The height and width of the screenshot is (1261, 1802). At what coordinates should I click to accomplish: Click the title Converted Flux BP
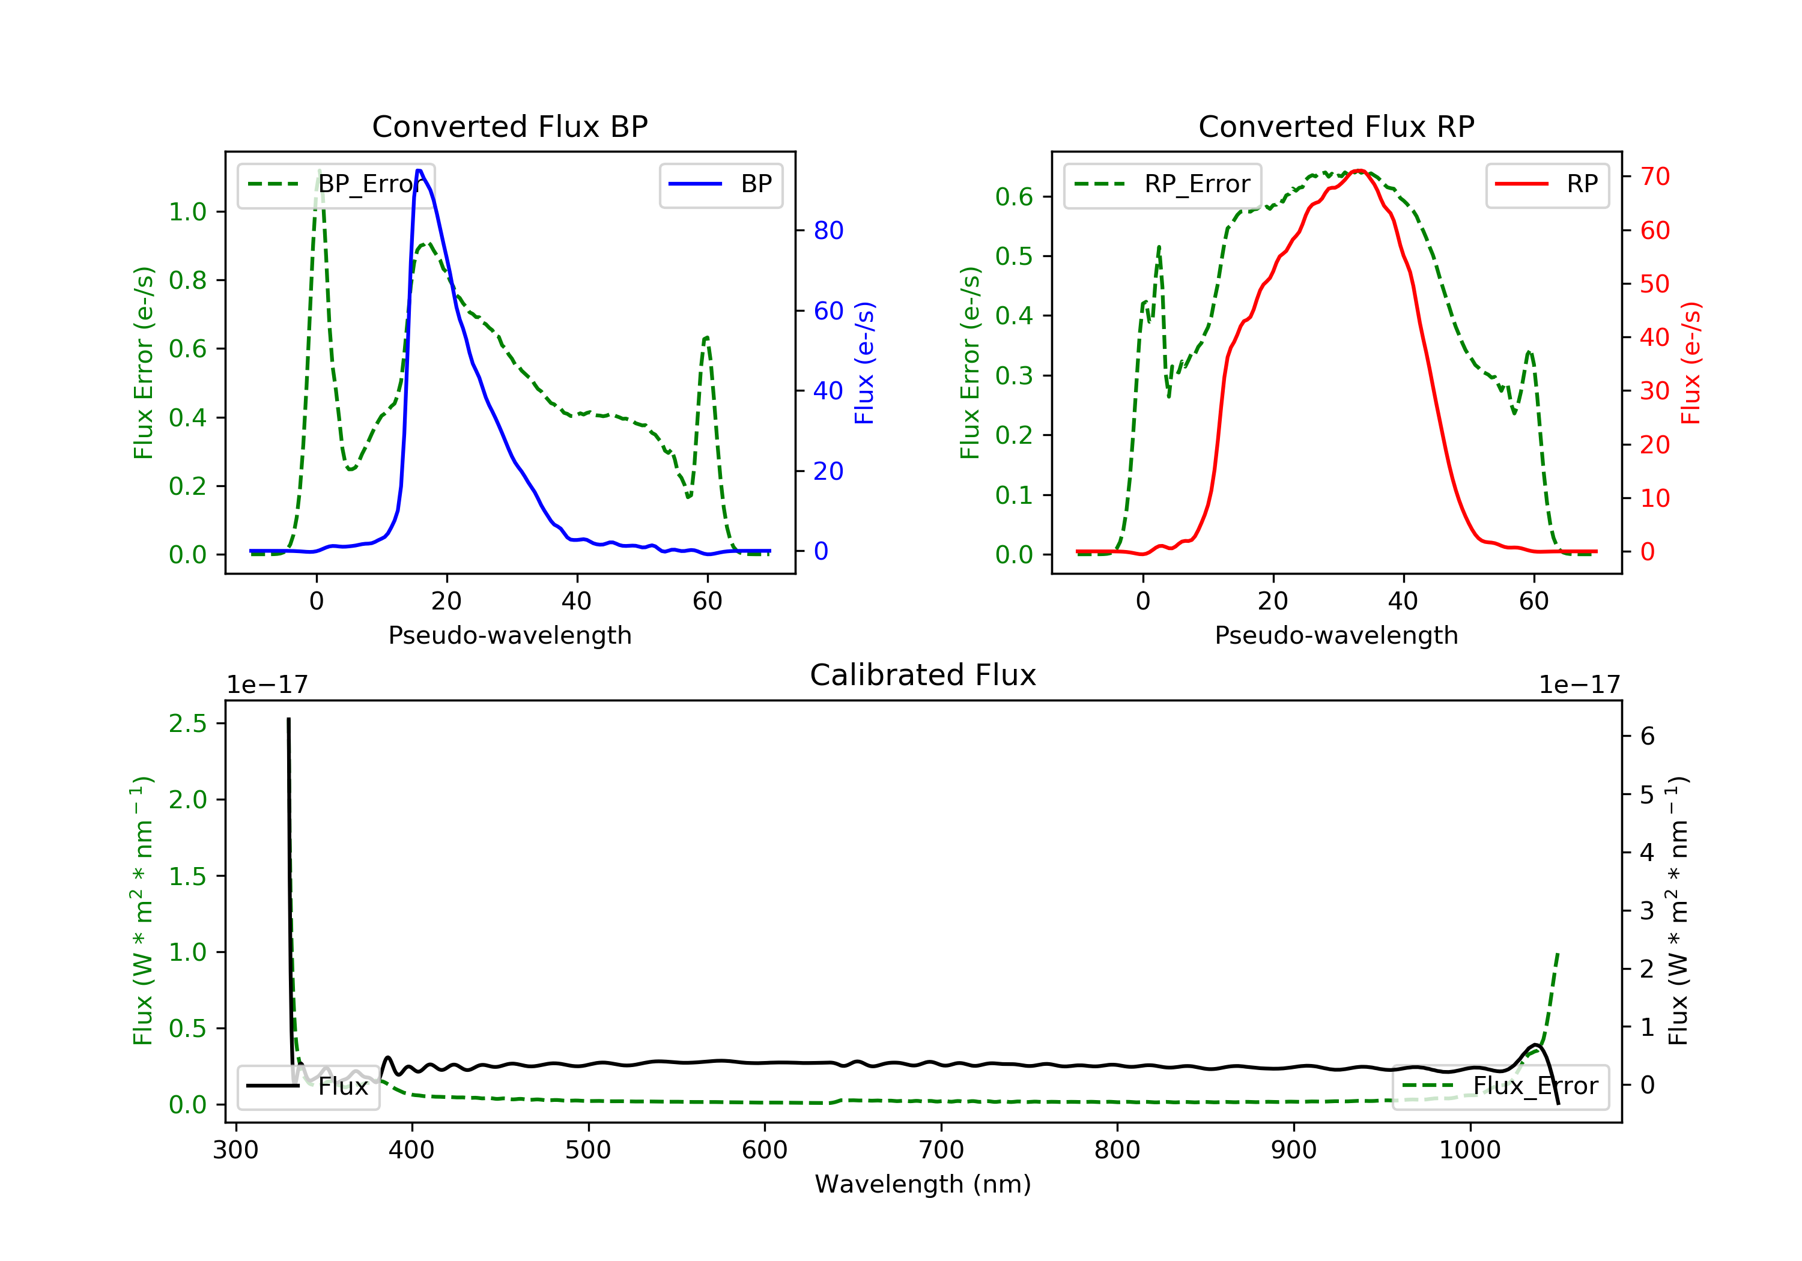(509, 126)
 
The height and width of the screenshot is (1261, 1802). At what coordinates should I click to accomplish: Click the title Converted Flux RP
(1336, 126)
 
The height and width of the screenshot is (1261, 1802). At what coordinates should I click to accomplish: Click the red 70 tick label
(1655, 177)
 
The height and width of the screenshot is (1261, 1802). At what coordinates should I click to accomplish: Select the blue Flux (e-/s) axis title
(864, 363)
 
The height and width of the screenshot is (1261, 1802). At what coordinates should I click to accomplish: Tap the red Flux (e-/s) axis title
(1690, 363)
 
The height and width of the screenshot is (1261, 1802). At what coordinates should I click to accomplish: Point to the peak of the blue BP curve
(419, 171)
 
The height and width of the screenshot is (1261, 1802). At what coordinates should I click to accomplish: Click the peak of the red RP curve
(1359, 171)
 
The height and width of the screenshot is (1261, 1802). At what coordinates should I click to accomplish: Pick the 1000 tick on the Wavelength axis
(1469, 1151)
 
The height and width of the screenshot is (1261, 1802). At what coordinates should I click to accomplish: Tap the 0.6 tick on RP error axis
(1014, 197)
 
